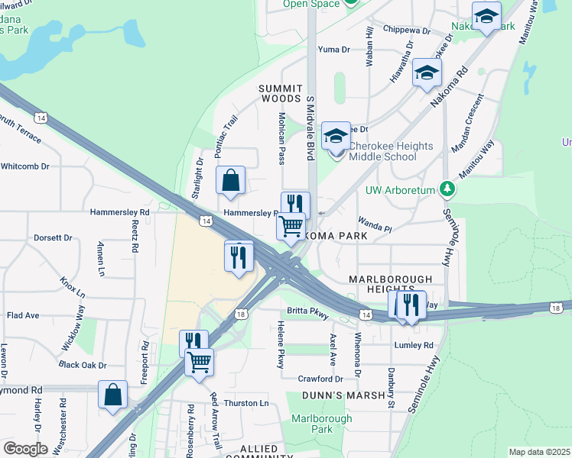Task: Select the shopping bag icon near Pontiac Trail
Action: pos(230,182)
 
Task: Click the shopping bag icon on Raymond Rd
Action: pos(112,395)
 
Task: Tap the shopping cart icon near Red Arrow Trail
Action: pos(199,361)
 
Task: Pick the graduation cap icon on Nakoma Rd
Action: pos(427,73)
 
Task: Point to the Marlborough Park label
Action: pos(322,424)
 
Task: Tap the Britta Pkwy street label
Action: pos(307,311)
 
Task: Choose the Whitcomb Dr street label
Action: pos(25,166)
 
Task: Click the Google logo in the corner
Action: pos(25,449)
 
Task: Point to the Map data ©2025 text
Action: pos(539,452)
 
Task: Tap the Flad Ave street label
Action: pos(23,314)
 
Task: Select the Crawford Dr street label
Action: pos(320,379)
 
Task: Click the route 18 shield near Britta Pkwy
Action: pos(241,314)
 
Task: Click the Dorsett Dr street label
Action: pos(53,238)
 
